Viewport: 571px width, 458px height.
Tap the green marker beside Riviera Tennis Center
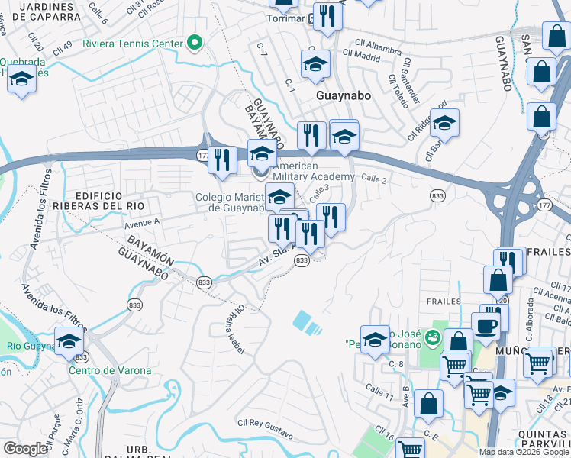pos(195,43)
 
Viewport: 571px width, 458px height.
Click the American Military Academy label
pos(313,172)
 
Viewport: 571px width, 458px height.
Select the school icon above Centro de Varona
pos(69,341)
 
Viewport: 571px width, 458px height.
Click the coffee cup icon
pos(486,325)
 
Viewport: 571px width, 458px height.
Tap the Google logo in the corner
pos(25,449)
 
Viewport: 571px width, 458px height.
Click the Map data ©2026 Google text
pos(524,452)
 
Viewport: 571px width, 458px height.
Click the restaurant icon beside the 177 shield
pos(222,160)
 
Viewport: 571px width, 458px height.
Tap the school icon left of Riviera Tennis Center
pos(21,80)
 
